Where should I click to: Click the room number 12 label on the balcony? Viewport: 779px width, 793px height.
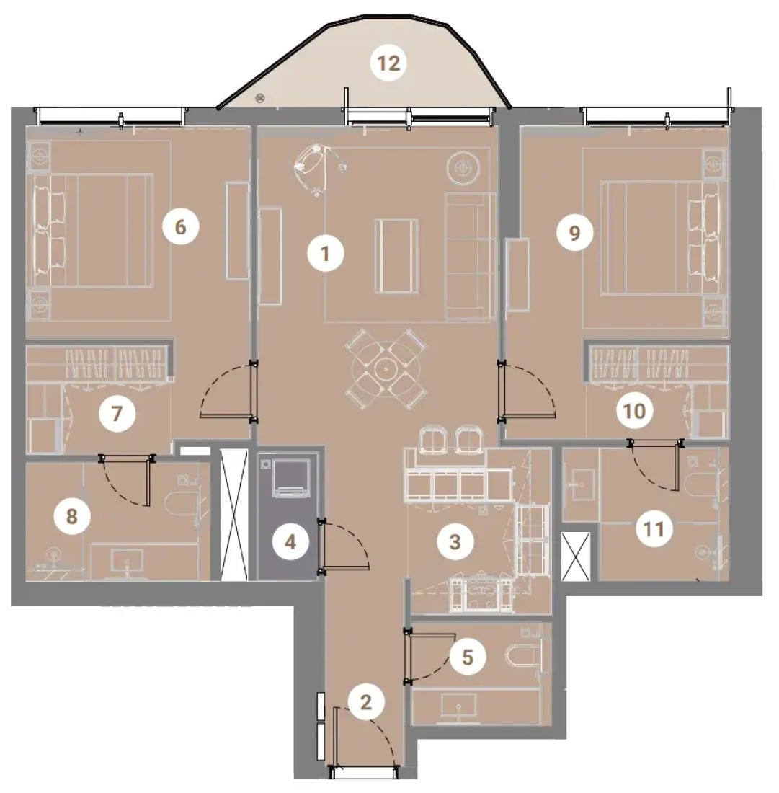point(388,63)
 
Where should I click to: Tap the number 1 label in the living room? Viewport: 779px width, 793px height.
point(326,253)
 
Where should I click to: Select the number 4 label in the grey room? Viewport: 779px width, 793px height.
point(290,542)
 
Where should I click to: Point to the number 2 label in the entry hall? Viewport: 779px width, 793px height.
point(366,702)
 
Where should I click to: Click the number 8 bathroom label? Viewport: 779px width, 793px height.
point(72,516)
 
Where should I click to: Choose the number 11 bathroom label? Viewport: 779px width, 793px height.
point(653,530)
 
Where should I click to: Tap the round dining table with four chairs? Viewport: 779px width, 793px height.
point(386,369)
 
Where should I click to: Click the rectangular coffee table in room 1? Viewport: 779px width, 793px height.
point(396,256)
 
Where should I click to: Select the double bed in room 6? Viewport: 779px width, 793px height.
point(94,231)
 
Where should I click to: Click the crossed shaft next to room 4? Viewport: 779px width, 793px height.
point(234,515)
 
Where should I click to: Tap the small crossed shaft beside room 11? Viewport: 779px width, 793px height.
point(576,557)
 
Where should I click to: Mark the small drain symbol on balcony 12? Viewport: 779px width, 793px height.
point(260,97)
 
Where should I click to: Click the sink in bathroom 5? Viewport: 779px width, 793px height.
point(458,706)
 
